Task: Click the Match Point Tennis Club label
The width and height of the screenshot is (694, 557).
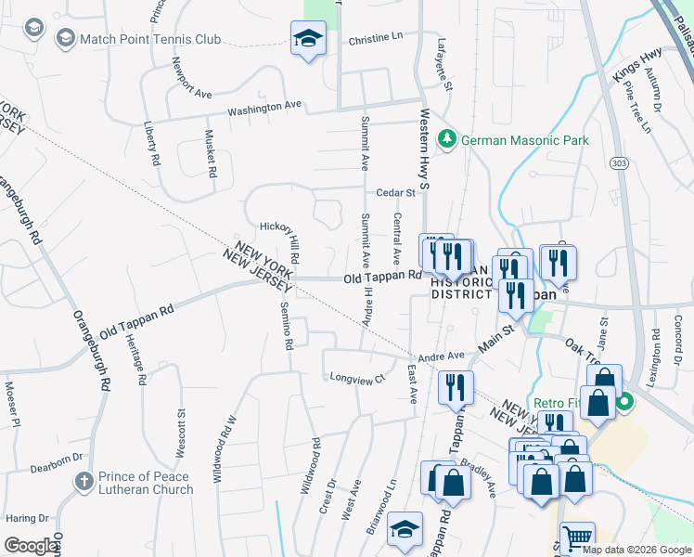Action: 150,39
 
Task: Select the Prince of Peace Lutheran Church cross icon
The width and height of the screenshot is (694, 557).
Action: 84,483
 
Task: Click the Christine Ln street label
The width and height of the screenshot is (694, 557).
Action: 377,39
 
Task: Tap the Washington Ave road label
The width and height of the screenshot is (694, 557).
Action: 264,108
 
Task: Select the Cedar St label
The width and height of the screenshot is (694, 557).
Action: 395,193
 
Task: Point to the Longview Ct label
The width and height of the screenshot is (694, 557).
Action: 357,377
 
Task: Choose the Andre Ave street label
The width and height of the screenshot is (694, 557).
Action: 441,356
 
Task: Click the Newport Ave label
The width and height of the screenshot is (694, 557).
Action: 191,81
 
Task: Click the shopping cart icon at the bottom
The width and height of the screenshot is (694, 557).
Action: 577,538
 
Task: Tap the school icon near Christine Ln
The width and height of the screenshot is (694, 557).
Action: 308,38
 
